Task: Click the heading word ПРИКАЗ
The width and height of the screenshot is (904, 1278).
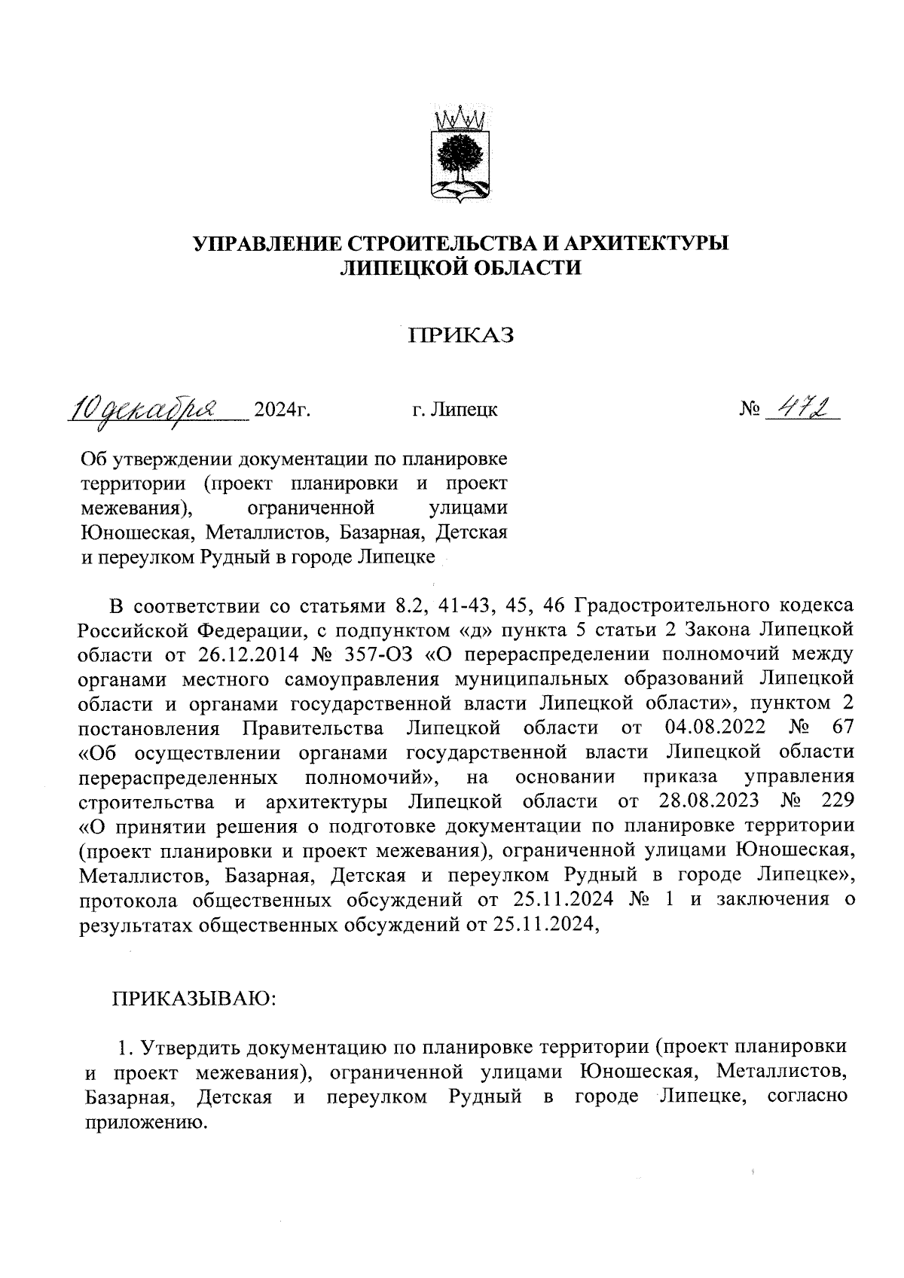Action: pyautogui.click(x=460, y=335)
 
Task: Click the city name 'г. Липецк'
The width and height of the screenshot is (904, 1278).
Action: pyautogui.click(x=454, y=410)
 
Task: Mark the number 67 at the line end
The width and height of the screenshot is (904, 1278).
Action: pyautogui.click(x=841, y=727)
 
